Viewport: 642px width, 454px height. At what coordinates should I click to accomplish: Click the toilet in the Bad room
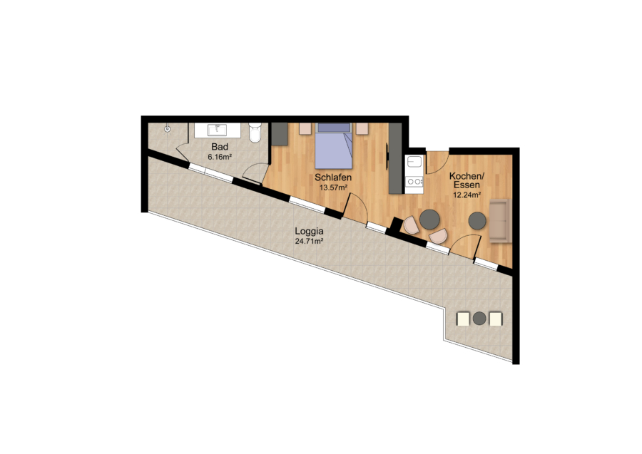coord(255,133)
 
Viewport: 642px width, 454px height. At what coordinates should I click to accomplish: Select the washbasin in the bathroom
coord(217,130)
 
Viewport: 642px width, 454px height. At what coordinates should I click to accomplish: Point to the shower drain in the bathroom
coord(167,129)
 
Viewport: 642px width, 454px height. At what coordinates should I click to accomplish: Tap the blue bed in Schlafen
coord(334,145)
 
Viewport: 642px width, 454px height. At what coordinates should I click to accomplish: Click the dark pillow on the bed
coord(334,127)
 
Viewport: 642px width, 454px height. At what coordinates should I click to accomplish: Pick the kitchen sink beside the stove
coord(414,162)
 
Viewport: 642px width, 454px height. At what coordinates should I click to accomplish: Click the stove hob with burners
coord(414,181)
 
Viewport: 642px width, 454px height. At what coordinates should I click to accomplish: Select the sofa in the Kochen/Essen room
coord(500,221)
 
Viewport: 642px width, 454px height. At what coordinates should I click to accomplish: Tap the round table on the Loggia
coord(479,318)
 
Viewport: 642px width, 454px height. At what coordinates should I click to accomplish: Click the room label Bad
coord(220,146)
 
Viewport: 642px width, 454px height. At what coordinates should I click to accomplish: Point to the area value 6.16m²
coord(220,157)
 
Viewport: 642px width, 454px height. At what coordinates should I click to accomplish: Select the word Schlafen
coord(333,177)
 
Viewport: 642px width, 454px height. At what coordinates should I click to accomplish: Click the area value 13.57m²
coord(333,187)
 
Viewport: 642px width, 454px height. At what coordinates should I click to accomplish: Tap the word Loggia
coord(309,231)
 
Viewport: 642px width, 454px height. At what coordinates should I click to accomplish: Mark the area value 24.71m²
coord(309,242)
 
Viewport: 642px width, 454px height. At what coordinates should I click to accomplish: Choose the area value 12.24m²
coord(467,195)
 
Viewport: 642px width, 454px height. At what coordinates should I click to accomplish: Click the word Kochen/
coord(467,176)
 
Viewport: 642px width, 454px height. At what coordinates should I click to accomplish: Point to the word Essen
coord(467,185)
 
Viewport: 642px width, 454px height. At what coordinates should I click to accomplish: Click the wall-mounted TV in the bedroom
coord(387,156)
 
